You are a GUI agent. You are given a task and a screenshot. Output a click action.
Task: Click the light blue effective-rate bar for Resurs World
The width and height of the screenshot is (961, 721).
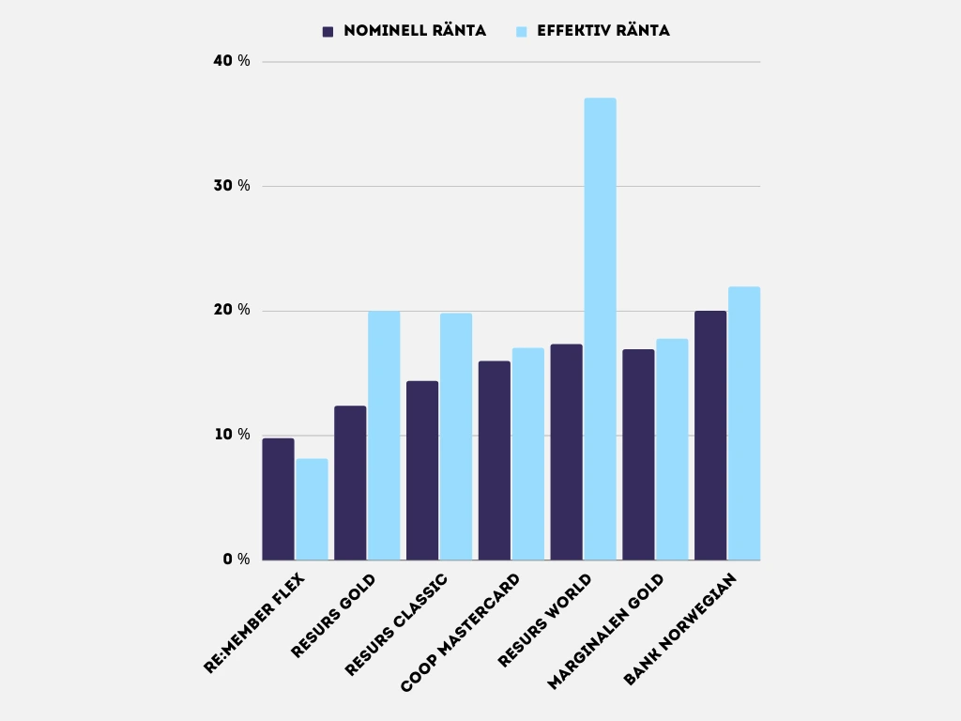click(600, 329)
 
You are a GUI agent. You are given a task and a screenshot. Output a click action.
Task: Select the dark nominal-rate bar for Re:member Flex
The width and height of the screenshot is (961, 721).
click(278, 499)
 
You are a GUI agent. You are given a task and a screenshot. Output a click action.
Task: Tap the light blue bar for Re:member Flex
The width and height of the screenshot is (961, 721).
click(312, 510)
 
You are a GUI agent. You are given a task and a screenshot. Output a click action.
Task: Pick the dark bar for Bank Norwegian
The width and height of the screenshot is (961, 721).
click(710, 436)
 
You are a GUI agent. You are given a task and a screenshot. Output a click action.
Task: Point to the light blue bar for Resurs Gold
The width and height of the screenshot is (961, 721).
click(384, 436)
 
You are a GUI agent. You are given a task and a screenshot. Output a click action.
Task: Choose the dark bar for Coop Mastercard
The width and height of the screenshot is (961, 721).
click(494, 461)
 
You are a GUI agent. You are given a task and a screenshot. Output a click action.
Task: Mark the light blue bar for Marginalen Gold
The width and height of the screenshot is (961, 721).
click(672, 450)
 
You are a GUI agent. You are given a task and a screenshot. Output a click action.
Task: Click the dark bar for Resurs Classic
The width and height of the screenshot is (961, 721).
click(422, 470)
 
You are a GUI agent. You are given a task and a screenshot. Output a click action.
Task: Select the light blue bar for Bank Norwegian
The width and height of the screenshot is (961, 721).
click(744, 423)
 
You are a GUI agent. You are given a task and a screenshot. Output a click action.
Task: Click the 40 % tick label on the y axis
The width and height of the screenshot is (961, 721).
click(232, 61)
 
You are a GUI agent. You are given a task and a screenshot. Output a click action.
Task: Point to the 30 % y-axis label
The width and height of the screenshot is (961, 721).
click(232, 186)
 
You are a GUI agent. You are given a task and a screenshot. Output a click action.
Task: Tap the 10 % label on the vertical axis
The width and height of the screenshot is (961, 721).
click(232, 435)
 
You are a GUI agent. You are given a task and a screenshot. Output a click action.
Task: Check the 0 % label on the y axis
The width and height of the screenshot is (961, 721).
click(236, 560)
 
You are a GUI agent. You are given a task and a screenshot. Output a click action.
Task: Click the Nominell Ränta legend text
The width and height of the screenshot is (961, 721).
click(415, 31)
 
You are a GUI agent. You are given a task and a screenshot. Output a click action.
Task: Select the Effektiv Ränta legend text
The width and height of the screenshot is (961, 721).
click(603, 31)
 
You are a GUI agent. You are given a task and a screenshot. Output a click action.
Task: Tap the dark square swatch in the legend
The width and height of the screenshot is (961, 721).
click(328, 31)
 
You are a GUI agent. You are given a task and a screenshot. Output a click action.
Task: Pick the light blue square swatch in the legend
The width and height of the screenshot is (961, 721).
click(523, 31)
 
